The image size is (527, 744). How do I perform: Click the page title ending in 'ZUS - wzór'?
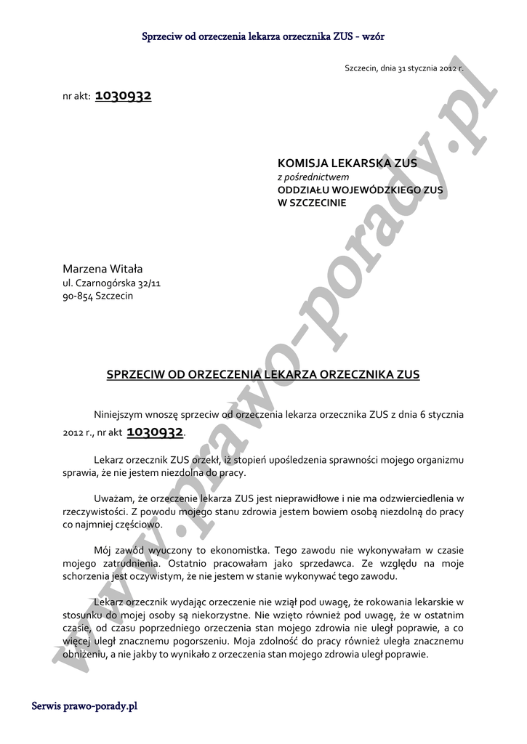point(263,35)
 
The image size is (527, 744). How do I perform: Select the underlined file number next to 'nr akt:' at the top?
point(123,96)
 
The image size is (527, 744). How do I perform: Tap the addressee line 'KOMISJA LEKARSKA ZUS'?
point(347,163)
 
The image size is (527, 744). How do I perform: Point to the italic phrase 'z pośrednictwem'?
point(313,177)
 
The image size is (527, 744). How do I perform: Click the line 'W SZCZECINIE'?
point(312,203)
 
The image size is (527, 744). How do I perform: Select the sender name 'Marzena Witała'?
point(102,269)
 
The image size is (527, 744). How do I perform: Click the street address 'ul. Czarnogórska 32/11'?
point(111,283)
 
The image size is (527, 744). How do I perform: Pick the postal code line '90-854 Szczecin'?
point(98,296)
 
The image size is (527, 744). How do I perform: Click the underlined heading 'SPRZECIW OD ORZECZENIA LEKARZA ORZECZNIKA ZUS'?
point(263,375)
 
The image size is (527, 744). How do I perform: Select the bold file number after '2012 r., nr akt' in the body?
point(154,432)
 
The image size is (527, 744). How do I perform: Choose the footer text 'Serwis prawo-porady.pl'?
point(85,705)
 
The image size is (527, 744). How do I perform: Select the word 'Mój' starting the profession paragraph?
point(103,549)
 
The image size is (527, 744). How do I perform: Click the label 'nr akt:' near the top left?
point(76,97)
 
